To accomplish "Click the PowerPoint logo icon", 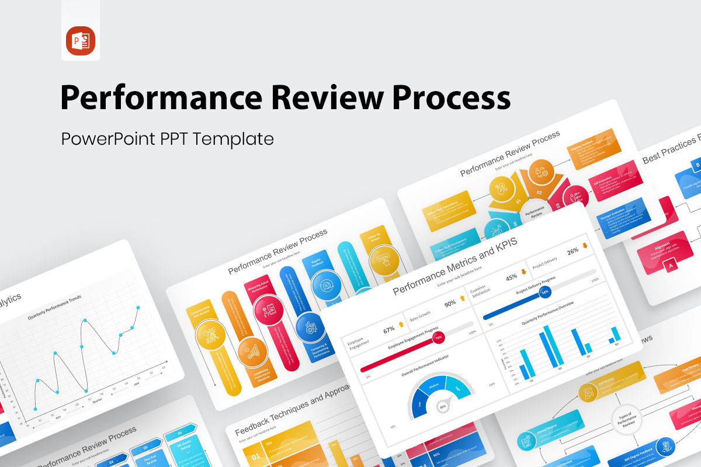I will pyautogui.click(x=81, y=40).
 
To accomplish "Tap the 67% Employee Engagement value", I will pyautogui.click(x=389, y=330).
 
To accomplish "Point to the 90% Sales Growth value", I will pyautogui.click(x=450, y=303).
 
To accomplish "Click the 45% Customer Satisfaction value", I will pyautogui.click(x=511, y=277).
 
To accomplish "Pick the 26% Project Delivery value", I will pyautogui.click(x=572, y=251).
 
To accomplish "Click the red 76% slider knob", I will pyautogui.click(x=438, y=337).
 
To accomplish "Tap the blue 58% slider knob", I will pyautogui.click(x=545, y=291).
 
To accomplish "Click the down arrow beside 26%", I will pyautogui.click(x=585, y=246).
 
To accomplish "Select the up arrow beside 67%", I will pyautogui.click(x=401, y=324).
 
